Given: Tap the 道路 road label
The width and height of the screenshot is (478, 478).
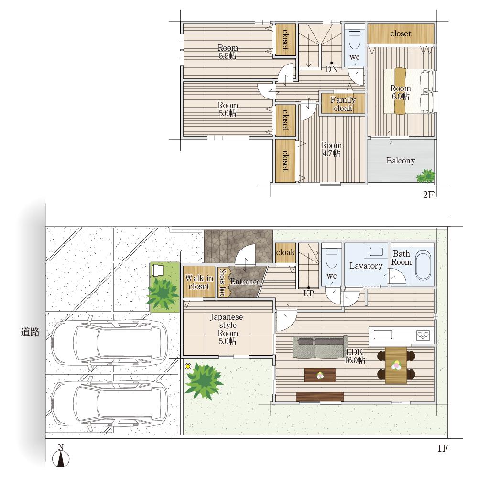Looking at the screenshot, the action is coord(31,332).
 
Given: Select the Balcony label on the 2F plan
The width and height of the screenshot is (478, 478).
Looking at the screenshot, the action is coord(401,161).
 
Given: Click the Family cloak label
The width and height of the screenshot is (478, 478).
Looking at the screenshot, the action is coord(343,104).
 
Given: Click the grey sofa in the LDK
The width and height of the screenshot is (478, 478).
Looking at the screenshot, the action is coord(320,347).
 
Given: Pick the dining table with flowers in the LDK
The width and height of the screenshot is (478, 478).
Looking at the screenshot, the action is coord(396,365).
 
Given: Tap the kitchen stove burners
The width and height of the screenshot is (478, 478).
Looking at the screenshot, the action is coord(424,336).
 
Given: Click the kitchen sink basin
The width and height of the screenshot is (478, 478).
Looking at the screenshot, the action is coord(383,335).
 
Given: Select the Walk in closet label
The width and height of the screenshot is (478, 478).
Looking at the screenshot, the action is coord(199,282).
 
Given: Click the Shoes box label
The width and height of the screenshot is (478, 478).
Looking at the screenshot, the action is coord(223,282).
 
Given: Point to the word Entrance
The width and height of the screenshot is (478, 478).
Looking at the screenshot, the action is coord(245,282).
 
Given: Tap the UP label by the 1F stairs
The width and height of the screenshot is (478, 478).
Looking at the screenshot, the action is coord(309,293).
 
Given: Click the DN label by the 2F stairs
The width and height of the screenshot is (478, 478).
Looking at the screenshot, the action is coord(332,69).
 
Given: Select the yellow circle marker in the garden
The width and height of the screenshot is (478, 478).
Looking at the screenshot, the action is coord(188,367).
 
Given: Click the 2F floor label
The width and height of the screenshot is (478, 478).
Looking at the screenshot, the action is coord(428,195).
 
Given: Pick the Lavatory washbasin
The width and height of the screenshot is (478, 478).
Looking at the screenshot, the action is coord(376,252).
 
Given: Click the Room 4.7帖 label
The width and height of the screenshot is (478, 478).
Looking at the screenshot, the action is coord(331,149).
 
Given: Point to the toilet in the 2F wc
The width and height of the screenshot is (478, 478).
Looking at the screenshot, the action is coord(355,39).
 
